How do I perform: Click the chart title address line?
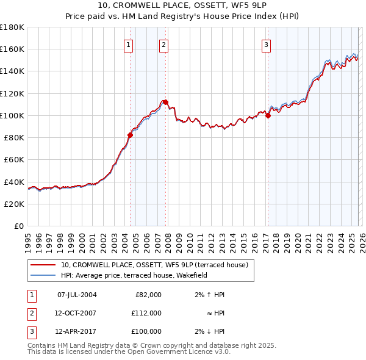(x=182, y=5)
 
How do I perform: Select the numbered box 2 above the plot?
(x=164, y=44)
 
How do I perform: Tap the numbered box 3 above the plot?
(x=267, y=44)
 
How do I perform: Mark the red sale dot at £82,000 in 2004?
(x=130, y=135)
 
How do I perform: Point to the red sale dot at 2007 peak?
(x=165, y=103)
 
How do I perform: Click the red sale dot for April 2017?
(x=268, y=116)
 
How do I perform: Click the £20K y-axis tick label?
(x=14, y=204)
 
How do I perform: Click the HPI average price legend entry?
(x=134, y=275)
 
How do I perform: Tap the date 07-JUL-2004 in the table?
(x=77, y=295)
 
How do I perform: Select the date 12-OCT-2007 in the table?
(x=77, y=313)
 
